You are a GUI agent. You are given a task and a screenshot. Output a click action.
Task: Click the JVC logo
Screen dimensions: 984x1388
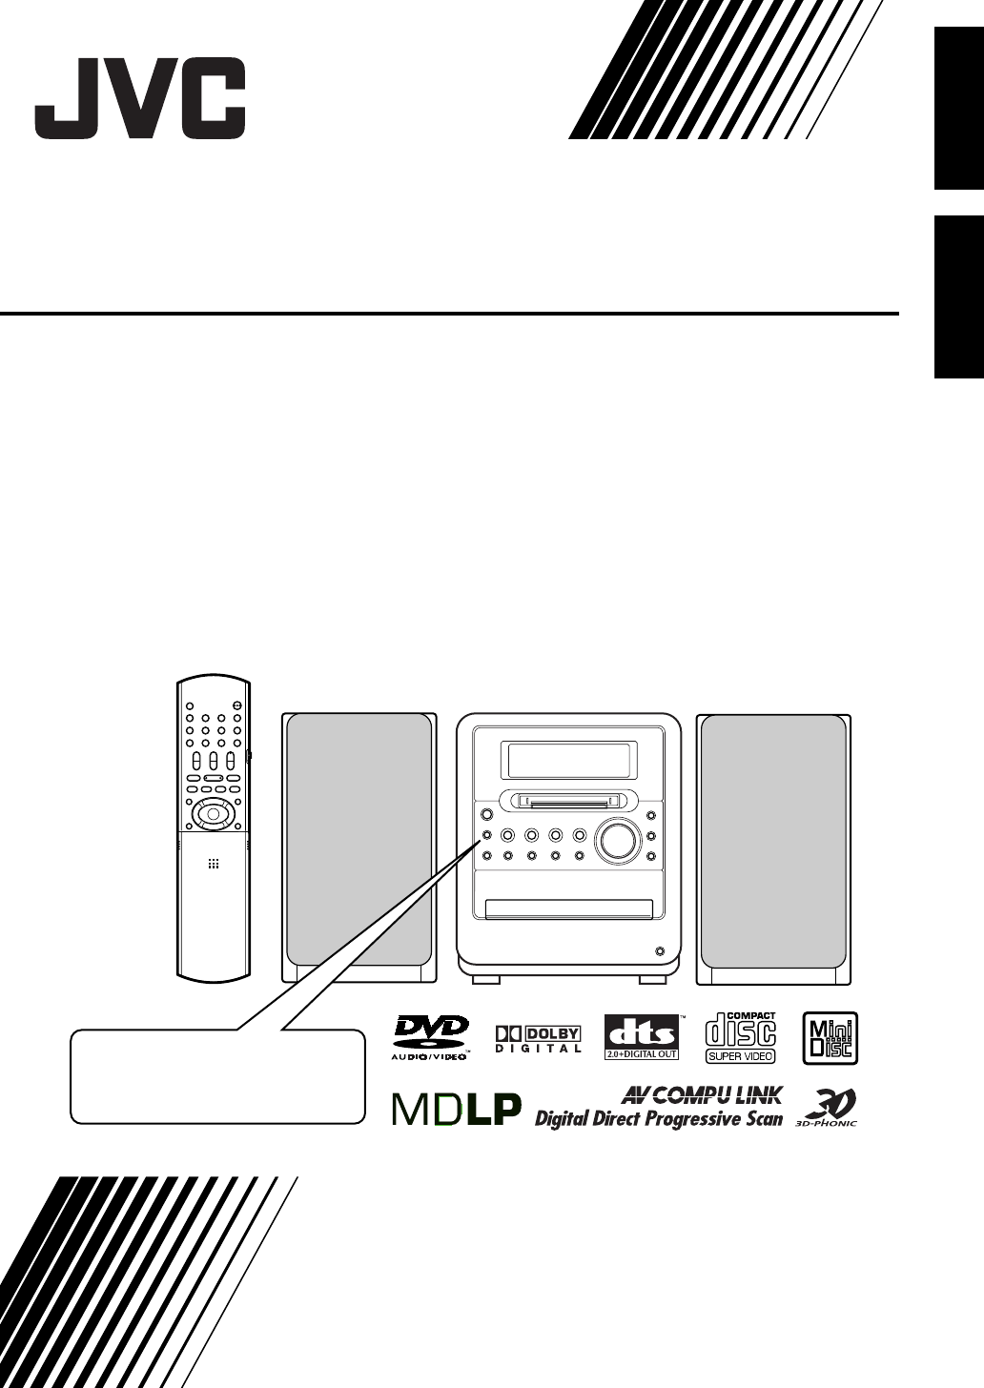coord(140,98)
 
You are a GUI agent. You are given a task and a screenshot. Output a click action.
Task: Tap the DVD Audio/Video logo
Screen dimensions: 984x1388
coord(431,1037)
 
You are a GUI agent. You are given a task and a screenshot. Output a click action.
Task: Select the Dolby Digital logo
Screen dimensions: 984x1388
coord(538,1039)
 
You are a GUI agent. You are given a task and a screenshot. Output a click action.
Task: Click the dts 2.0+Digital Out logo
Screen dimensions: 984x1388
coord(642,1037)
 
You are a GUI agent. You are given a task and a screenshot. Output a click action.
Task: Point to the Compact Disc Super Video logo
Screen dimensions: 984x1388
coord(741,1037)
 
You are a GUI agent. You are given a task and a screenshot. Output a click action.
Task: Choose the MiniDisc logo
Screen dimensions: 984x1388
coord(830,1038)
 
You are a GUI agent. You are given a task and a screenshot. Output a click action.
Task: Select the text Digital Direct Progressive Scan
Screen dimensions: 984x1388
coord(658,1118)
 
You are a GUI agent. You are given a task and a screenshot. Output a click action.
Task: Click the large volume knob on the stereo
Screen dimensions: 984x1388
coord(616,838)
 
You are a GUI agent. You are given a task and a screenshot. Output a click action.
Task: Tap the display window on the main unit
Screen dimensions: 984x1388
coord(569,761)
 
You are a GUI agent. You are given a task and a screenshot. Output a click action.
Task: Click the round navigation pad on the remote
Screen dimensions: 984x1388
coord(212,814)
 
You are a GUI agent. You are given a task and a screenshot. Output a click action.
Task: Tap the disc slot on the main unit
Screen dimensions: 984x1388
coord(568,802)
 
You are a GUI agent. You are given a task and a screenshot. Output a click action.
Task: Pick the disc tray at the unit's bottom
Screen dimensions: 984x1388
coord(569,908)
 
